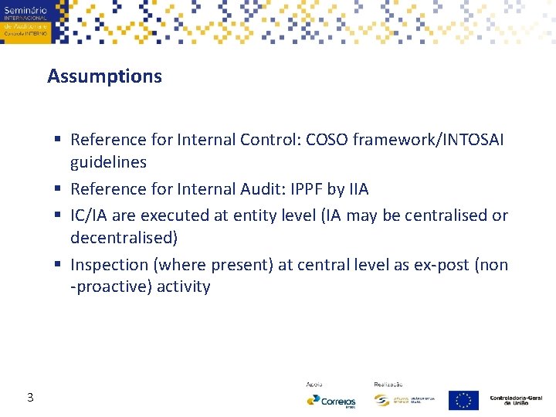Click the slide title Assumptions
tap(104, 76)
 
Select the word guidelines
tap(108, 162)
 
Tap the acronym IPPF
tap(307, 189)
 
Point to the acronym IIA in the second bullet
tap(358, 189)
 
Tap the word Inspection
tap(110, 265)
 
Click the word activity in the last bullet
tap(183, 287)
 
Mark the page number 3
tap(29, 398)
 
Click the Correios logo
tap(331, 401)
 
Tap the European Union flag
tap(463, 400)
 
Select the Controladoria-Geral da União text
tap(516, 400)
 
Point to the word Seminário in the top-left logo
tap(25, 10)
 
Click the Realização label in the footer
tap(388, 384)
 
